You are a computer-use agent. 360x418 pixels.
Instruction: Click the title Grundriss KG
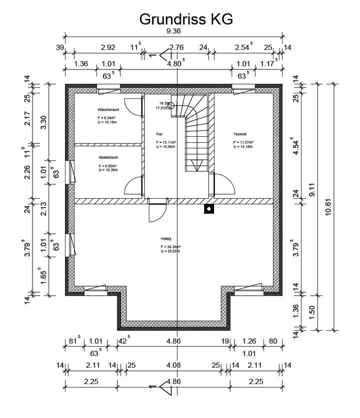click(x=186, y=19)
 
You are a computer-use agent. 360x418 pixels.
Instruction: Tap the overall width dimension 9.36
click(x=173, y=31)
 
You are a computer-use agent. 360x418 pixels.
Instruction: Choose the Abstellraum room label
click(x=108, y=157)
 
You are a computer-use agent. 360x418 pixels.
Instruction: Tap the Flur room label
click(x=159, y=134)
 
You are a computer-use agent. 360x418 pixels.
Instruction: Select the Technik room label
click(x=240, y=134)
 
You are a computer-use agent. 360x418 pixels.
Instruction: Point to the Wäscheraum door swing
click(x=131, y=106)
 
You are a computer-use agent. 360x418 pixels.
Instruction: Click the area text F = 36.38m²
click(x=171, y=247)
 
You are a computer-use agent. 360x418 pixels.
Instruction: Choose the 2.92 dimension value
click(x=108, y=48)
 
